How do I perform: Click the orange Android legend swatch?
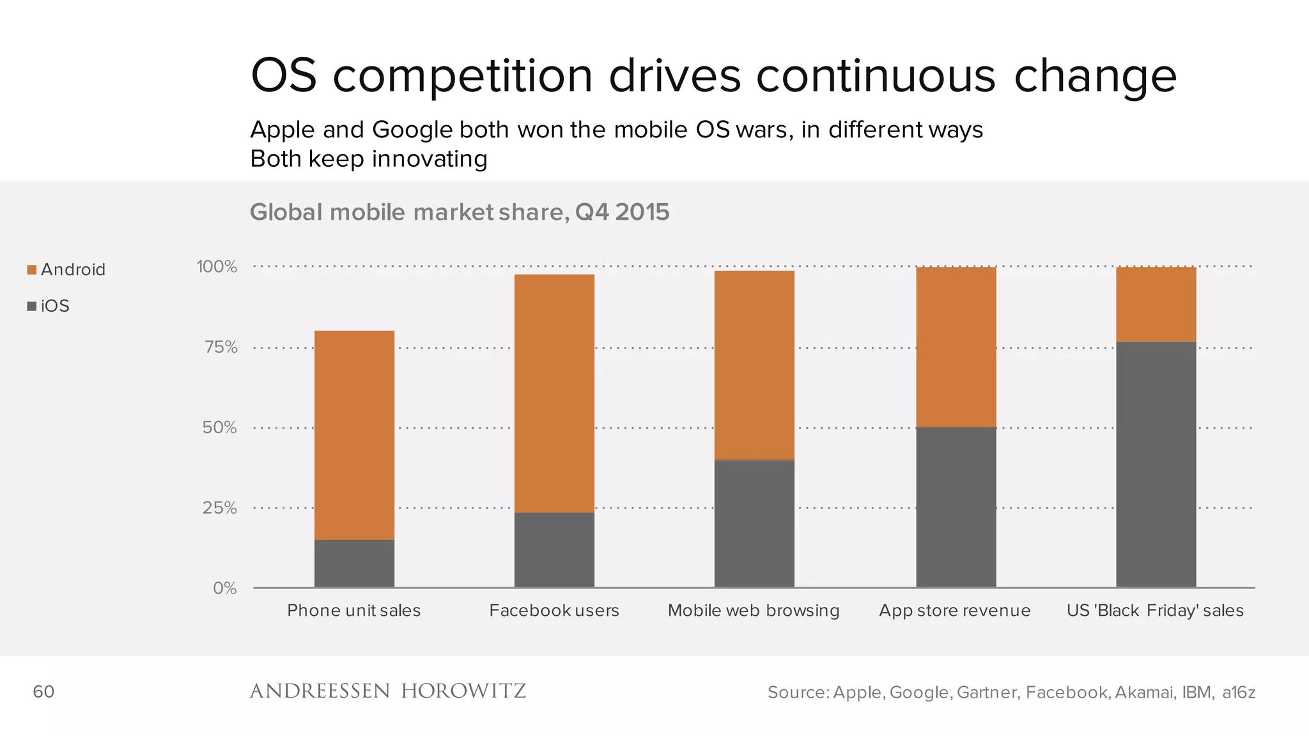pos(31,270)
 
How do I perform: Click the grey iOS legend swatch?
pos(31,306)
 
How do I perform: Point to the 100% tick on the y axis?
pos(217,266)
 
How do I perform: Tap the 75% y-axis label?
pos(221,347)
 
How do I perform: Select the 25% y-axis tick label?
pos(219,508)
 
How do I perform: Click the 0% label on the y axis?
pos(224,588)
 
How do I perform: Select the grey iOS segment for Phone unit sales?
pos(354,563)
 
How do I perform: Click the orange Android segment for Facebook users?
pos(554,393)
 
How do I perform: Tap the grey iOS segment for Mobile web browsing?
pos(754,523)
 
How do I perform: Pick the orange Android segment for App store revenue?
pos(956,347)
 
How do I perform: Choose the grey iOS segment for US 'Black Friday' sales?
pos(1156,464)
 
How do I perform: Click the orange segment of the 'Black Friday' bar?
pos(1156,304)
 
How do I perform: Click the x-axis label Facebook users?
pos(554,611)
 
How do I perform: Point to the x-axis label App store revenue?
pos(954,611)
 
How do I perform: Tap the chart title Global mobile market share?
pos(459,212)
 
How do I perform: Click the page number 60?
pos(43,691)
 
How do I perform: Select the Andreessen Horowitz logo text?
pos(387,691)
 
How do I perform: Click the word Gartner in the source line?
pos(987,692)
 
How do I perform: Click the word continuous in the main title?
pos(876,75)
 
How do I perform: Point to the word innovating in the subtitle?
pos(430,158)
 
